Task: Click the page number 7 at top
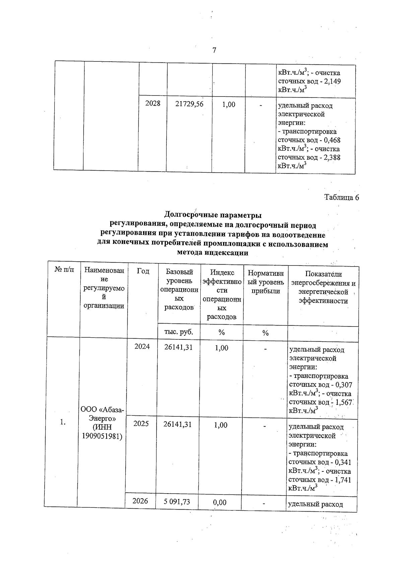click(214, 50)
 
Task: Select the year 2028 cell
click(152, 104)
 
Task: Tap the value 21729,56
click(189, 104)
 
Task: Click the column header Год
click(143, 271)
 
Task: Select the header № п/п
click(64, 269)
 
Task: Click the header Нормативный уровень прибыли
click(265, 282)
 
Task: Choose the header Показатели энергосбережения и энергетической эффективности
click(323, 287)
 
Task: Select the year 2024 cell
click(142, 347)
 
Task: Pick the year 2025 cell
click(141, 424)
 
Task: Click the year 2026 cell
click(140, 501)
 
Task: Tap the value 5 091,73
click(177, 502)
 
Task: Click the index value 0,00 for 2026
click(220, 502)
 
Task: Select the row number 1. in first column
click(63, 422)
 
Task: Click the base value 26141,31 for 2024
click(179, 347)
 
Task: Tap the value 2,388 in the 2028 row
click(333, 157)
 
